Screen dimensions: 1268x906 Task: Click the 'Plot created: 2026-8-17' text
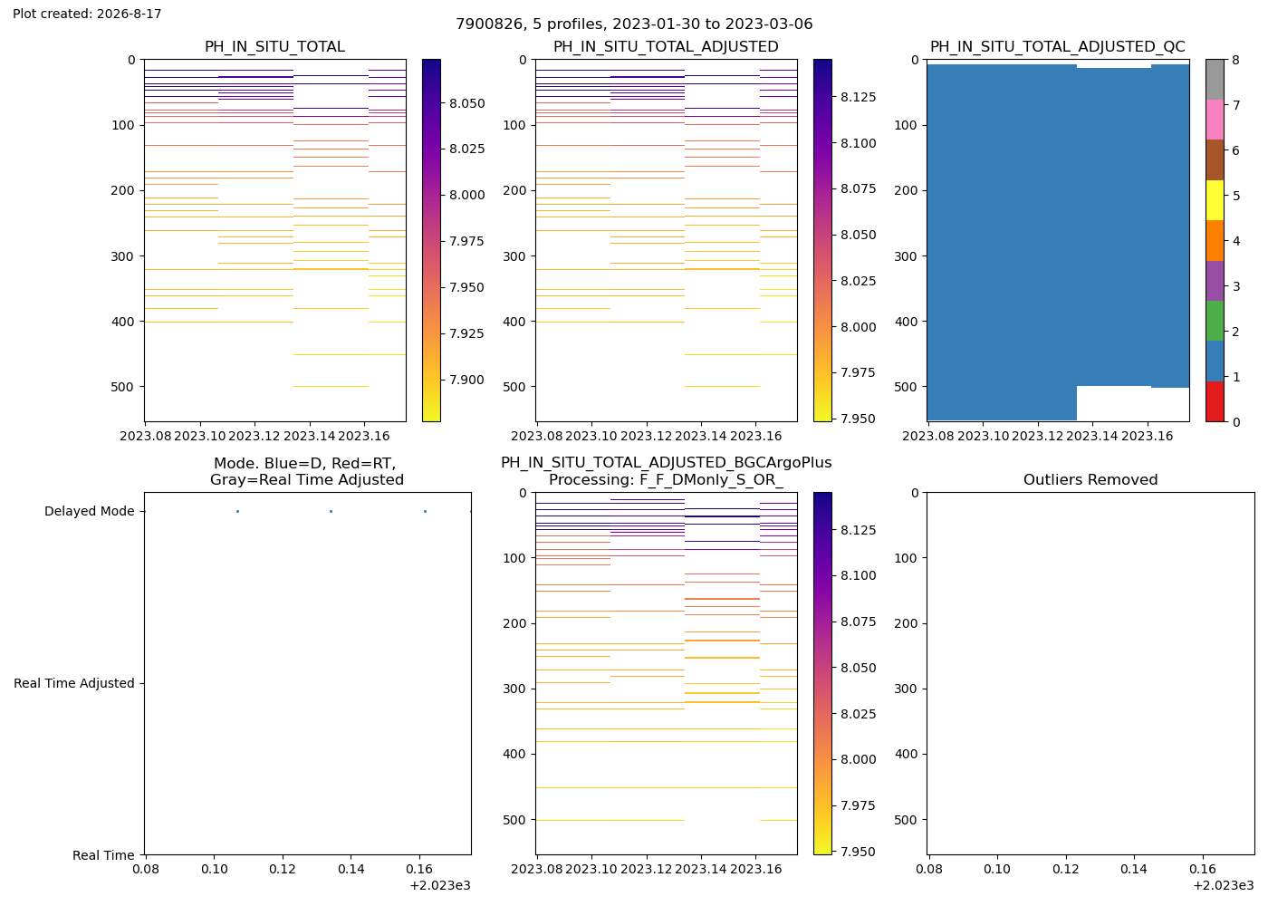[x=87, y=14]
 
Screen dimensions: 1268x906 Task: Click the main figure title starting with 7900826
[x=634, y=24]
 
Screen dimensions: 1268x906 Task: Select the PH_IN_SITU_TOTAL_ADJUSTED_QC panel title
[x=1058, y=46]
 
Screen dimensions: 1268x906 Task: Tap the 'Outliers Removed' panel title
[x=1090, y=479]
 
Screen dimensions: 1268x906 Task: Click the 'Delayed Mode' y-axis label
[x=90, y=511]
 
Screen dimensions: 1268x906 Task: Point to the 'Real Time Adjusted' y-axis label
[x=74, y=683]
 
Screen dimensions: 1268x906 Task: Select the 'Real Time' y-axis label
[x=103, y=855]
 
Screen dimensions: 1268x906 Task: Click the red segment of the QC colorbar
[x=1215, y=400]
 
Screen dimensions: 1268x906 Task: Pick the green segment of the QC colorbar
[x=1215, y=321]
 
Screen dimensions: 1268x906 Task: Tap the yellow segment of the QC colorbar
[x=1215, y=200]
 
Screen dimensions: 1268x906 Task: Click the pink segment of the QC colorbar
[x=1215, y=120]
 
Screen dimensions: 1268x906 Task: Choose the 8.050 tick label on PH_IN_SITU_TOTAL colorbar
[x=467, y=103]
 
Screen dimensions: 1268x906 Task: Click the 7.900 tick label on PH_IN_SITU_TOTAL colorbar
[x=467, y=380]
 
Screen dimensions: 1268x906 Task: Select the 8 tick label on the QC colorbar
[x=1235, y=60]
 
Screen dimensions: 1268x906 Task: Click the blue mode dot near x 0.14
[x=331, y=511]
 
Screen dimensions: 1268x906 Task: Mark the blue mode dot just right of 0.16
[x=425, y=511]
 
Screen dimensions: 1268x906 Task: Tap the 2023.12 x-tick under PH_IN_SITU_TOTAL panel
[x=255, y=436]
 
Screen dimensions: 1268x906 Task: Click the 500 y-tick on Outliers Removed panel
[x=905, y=819]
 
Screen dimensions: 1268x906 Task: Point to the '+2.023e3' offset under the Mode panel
[x=440, y=885]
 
